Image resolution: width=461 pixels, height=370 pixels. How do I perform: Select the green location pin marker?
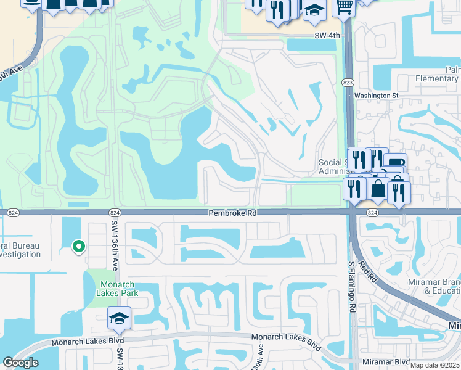click(78, 247)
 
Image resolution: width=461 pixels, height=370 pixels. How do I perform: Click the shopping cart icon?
click(344, 7)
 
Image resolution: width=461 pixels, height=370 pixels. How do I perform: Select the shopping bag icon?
click(378, 189)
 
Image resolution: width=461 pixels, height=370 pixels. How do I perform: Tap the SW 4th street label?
click(327, 36)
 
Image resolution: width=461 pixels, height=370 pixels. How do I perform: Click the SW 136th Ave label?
click(115, 237)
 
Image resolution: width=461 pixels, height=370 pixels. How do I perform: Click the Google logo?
click(20, 363)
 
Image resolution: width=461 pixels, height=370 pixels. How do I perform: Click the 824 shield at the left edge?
click(13, 212)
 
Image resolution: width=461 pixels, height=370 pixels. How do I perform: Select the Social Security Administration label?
click(333, 167)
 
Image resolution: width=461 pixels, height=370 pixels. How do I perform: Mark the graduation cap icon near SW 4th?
click(314, 10)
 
